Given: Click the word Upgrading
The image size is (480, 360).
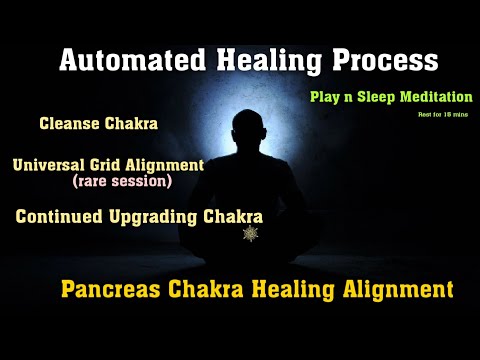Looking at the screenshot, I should (x=157, y=216).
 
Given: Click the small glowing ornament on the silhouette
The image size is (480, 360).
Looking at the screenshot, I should (x=250, y=233).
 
